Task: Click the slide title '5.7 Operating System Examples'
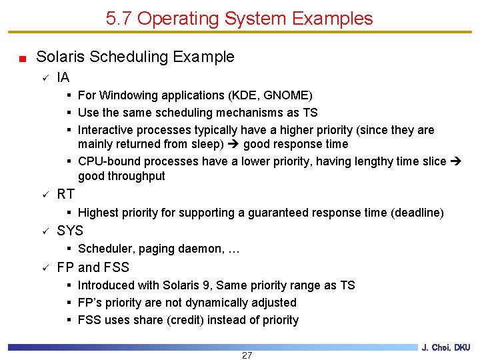tap(239, 19)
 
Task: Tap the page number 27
tap(247, 355)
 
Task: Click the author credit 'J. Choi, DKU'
tap(446, 347)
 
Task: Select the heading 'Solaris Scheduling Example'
tap(135, 57)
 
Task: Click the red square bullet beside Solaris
tap(23, 59)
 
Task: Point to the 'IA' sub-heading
tap(63, 77)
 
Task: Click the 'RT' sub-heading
tap(66, 194)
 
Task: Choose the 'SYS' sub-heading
tap(70, 231)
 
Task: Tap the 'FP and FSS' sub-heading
tap(93, 267)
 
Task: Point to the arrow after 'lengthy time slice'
tap(456, 161)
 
